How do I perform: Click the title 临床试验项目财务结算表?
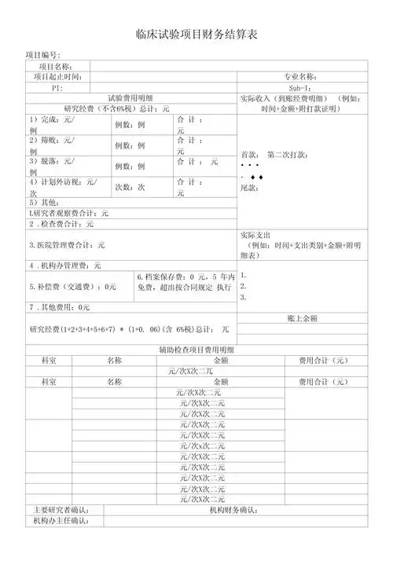tap(196, 36)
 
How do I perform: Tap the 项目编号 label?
tap(43, 55)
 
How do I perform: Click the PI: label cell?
tap(57, 87)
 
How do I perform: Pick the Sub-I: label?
tap(300, 87)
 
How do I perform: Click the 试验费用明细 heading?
tap(130, 97)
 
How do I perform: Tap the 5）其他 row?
tap(44, 202)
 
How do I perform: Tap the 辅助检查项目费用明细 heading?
tap(196, 349)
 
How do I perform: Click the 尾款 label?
tap(249, 189)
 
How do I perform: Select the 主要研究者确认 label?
tap(62, 510)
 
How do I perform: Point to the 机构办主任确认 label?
tap(61, 520)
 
